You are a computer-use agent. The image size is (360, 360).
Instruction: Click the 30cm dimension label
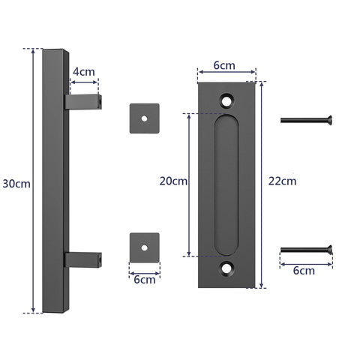tap(16, 183)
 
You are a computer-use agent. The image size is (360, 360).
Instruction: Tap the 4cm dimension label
tap(83, 72)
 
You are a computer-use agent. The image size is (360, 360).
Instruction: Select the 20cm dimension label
tap(173, 181)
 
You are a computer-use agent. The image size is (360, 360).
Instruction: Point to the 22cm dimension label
tap(283, 181)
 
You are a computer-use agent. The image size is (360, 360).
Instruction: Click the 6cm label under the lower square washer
tap(144, 280)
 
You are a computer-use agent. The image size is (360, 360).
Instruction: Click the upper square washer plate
tap(144, 118)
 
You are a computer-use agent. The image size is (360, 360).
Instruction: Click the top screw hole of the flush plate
tap(226, 99)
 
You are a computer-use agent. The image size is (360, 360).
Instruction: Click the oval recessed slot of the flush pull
tap(226, 184)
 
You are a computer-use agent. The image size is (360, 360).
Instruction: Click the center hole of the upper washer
tap(144, 118)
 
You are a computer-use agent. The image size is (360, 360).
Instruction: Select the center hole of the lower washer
tap(144, 247)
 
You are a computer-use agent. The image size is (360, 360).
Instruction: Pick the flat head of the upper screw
tap(327, 119)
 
